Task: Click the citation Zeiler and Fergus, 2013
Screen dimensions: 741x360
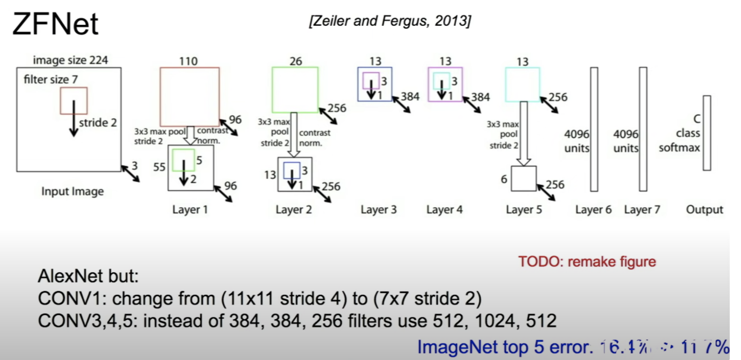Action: coord(390,21)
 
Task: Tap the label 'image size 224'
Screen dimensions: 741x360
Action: coord(70,60)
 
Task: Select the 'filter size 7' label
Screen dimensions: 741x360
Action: coord(51,79)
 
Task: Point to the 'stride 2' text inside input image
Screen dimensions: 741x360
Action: coord(98,123)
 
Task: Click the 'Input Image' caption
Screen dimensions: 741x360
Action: coord(72,191)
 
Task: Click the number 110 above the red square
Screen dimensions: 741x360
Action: coord(188,61)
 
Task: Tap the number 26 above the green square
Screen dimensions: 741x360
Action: coord(295,61)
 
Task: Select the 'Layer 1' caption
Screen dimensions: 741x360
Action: coord(189,210)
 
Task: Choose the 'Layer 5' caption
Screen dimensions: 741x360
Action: coord(523,210)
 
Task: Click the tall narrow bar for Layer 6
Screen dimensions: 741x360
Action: coord(594,129)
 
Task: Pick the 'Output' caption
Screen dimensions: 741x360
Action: coord(704,210)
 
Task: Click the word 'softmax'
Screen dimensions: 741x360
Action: coord(679,148)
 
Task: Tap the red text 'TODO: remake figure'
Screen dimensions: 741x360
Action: coord(587,262)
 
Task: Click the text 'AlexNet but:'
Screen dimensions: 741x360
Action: coord(88,276)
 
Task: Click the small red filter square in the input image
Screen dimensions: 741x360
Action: coord(74,100)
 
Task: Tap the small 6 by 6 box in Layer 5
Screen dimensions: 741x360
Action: coord(523,179)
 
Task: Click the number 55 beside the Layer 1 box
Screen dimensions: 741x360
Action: coord(159,167)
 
